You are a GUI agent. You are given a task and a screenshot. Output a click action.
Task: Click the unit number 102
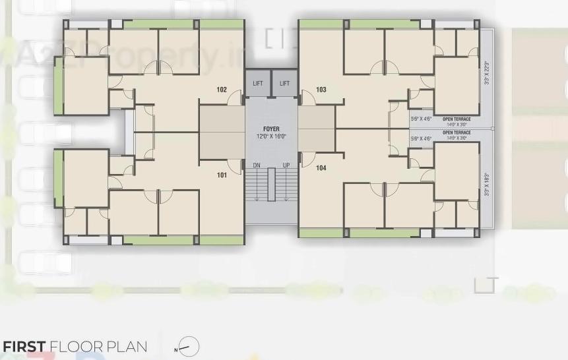[x=222, y=90]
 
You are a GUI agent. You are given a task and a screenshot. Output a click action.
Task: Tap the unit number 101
[x=222, y=175]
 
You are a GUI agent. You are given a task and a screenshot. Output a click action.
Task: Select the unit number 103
[x=321, y=90]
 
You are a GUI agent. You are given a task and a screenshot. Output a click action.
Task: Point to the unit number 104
[x=321, y=168]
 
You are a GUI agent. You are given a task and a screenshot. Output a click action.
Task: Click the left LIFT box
[x=258, y=83]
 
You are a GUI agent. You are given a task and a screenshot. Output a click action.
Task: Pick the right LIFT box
[x=284, y=83]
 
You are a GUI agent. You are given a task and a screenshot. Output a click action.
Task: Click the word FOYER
[x=271, y=129]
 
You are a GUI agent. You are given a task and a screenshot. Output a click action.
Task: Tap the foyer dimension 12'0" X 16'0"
[x=271, y=136]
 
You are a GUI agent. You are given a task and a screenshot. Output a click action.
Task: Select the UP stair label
[x=286, y=165]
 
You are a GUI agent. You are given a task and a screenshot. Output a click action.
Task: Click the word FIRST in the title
[x=24, y=347]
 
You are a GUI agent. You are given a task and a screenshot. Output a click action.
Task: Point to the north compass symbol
[x=188, y=347]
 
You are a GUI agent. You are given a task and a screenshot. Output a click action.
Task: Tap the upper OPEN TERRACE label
[x=457, y=119]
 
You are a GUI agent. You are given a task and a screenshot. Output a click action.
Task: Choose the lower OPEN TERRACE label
[x=457, y=133]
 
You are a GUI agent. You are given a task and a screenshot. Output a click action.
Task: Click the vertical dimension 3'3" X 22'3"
[x=487, y=73]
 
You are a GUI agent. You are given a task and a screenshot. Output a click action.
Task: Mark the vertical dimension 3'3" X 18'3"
[x=487, y=184]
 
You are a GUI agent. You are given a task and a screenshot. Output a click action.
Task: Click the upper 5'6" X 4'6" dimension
[x=421, y=119]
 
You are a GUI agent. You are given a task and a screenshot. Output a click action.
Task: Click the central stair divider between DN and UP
[x=271, y=185]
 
